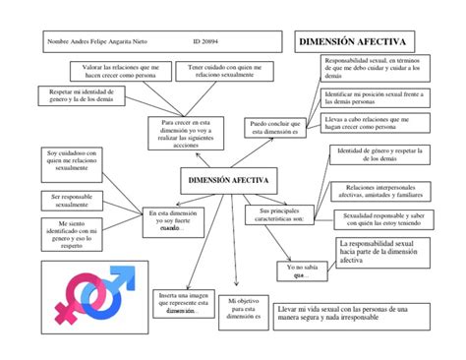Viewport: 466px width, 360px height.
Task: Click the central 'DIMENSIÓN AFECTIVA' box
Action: click(x=227, y=180)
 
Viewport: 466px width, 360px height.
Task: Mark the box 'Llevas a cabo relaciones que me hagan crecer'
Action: click(x=374, y=123)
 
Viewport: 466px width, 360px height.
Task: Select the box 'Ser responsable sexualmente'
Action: click(x=71, y=201)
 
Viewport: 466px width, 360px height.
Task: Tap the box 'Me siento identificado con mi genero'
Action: click(x=71, y=236)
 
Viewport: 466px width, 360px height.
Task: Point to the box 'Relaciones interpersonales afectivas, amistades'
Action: click(x=380, y=190)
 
